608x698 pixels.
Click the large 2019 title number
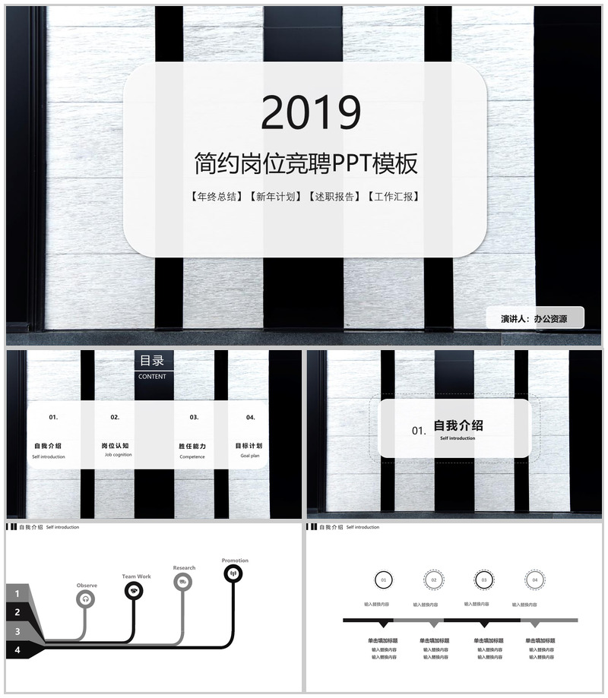[310, 112]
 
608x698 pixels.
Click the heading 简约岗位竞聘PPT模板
[306, 163]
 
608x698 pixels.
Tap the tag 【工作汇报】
[393, 197]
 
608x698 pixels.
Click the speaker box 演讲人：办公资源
[534, 319]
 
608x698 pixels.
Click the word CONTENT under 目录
[152, 376]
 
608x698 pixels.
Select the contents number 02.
[116, 417]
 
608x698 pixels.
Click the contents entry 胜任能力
[192, 446]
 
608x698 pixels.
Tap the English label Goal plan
[250, 456]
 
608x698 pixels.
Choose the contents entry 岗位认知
[116, 446]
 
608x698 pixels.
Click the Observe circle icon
[86, 599]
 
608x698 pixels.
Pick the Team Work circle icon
[134, 591]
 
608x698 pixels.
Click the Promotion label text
[235, 561]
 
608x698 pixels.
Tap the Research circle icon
[182, 582]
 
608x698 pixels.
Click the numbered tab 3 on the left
[17, 631]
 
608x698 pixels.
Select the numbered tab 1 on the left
[17, 592]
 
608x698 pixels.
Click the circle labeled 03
[484, 580]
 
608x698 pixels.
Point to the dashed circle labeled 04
[535, 580]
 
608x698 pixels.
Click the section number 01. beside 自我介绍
[419, 431]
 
